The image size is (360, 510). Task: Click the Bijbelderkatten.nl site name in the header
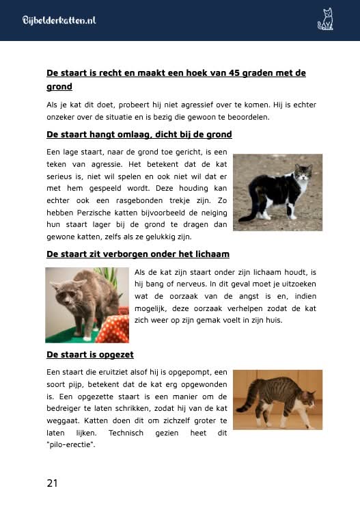coord(59,21)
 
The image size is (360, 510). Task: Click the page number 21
coord(52,483)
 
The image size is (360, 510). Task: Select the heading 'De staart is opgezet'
coord(89,355)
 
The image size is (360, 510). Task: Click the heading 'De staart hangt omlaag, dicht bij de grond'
coord(139,134)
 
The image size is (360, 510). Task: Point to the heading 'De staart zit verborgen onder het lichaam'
coord(137,254)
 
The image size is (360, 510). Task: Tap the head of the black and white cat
coord(303,174)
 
